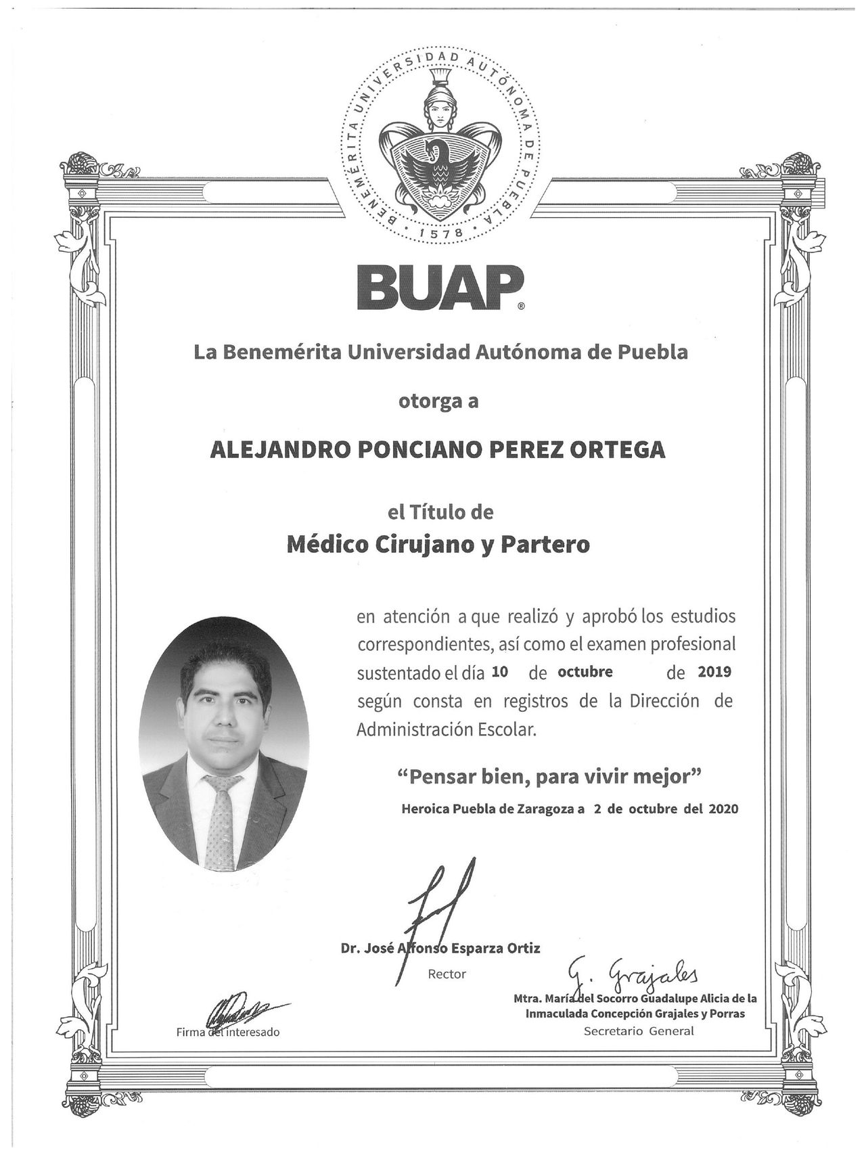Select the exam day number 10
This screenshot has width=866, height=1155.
pos(500,673)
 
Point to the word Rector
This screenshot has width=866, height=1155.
pos(447,974)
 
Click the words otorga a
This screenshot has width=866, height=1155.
pos(437,401)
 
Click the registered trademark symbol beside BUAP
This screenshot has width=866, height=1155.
pos(520,307)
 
